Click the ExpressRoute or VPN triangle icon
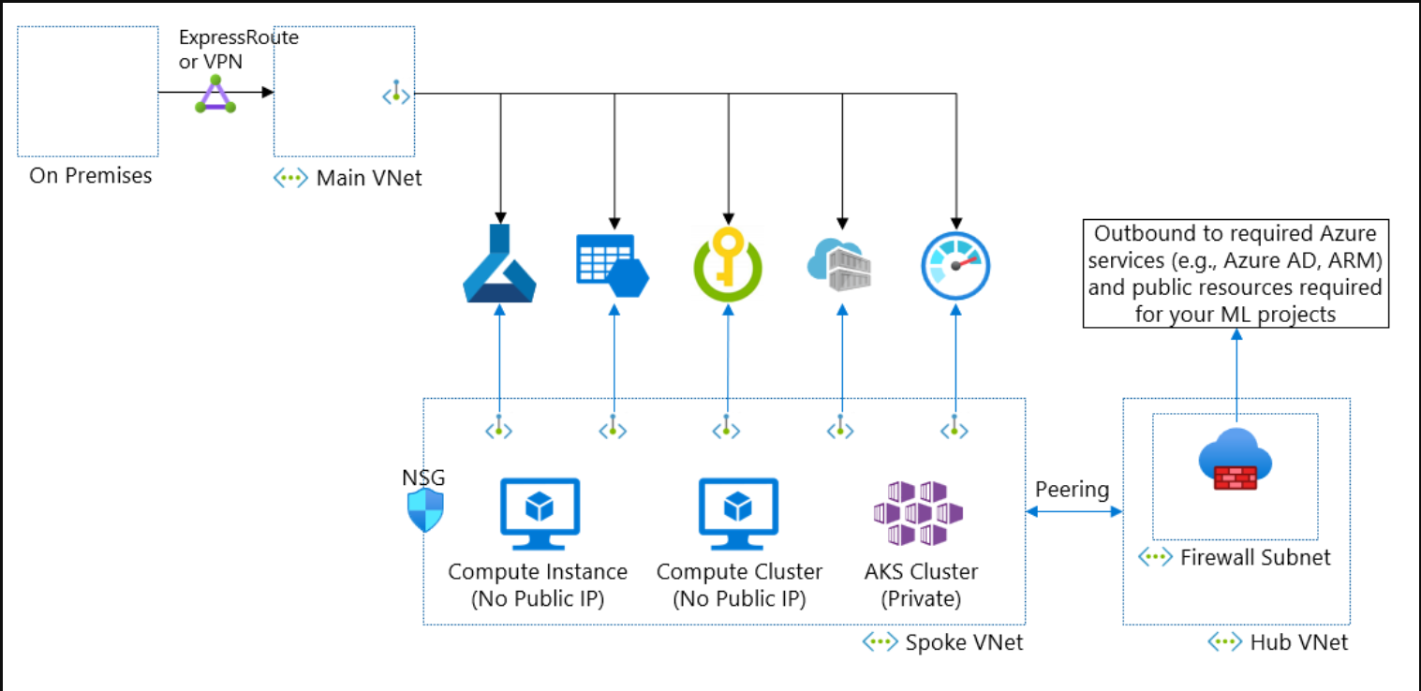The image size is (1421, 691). click(215, 95)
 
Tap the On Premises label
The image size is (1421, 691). click(91, 176)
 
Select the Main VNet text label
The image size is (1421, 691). click(369, 178)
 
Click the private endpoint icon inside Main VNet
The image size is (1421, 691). click(396, 93)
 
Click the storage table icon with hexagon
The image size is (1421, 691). click(613, 266)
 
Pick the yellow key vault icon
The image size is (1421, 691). click(728, 264)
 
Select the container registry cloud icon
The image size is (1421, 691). click(839, 265)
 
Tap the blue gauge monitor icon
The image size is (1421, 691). click(955, 266)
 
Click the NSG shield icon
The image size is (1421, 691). click(425, 510)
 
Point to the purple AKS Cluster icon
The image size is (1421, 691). click(918, 513)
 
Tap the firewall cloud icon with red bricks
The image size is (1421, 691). click(1236, 459)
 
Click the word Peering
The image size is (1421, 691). click(1073, 490)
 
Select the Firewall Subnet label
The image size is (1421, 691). click(1255, 557)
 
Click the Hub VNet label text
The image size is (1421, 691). click(1298, 642)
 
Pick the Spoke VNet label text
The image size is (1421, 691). click(964, 642)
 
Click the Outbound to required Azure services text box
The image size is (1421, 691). click(1236, 273)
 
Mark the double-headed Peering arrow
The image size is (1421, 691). click(1074, 511)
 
